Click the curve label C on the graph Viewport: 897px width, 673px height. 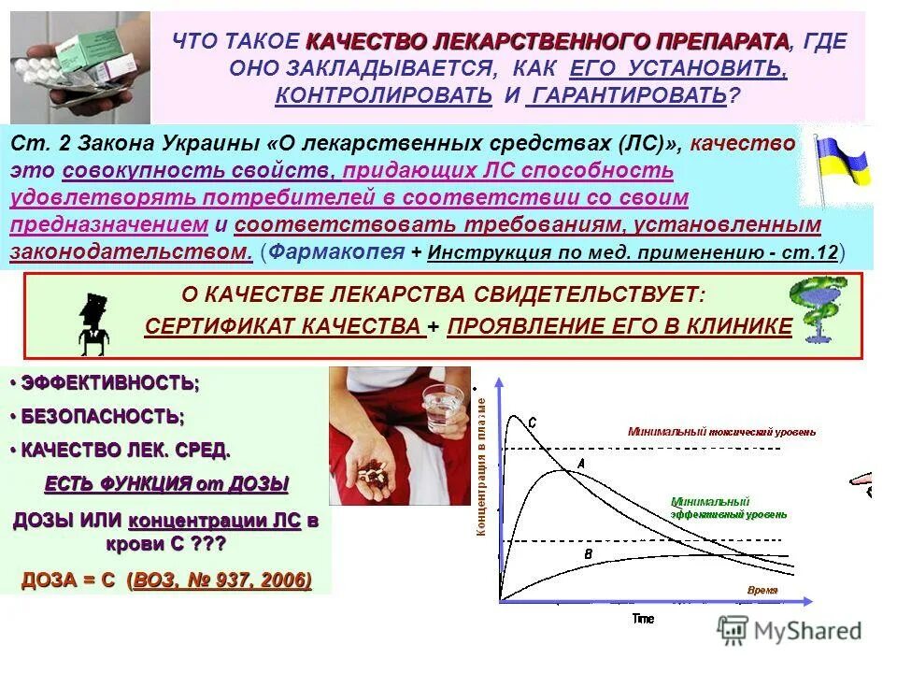pos(533,423)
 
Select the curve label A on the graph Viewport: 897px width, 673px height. pos(580,464)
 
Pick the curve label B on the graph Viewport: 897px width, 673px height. pos(588,554)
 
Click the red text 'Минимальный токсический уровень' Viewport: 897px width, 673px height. pos(721,432)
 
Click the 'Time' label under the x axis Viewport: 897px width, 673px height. pos(643,618)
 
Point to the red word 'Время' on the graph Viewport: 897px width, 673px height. pos(762,591)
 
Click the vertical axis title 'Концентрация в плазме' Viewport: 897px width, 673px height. pos(482,466)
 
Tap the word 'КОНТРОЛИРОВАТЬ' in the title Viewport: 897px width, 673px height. pos(384,94)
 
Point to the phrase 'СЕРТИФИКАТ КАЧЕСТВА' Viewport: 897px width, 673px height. pos(282,325)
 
